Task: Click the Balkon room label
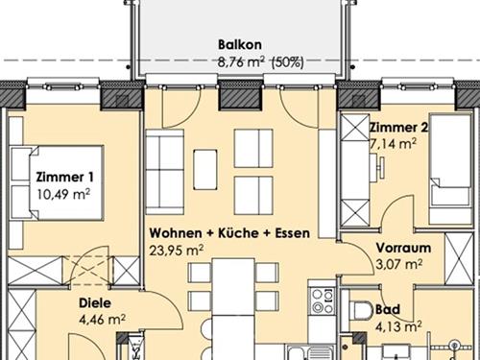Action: [x=240, y=44]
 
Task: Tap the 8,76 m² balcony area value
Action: [x=241, y=62]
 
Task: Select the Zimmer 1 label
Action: [x=64, y=177]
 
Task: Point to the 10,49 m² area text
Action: [x=63, y=194]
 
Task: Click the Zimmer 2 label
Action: [x=398, y=128]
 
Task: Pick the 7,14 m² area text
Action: [x=394, y=144]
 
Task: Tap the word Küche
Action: [x=238, y=233]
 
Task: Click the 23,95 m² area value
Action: [x=177, y=251]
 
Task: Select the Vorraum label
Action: [x=403, y=248]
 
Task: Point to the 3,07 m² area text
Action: [x=399, y=265]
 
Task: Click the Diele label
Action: [x=95, y=302]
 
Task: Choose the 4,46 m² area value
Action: [x=102, y=320]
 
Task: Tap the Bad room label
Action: [x=388, y=309]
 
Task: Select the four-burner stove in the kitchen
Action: [x=323, y=300]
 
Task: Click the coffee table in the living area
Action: [x=205, y=169]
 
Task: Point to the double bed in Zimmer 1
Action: [x=58, y=182]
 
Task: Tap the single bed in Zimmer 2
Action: [x=450, y=169]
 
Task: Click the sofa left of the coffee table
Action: [x=165, y=172]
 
